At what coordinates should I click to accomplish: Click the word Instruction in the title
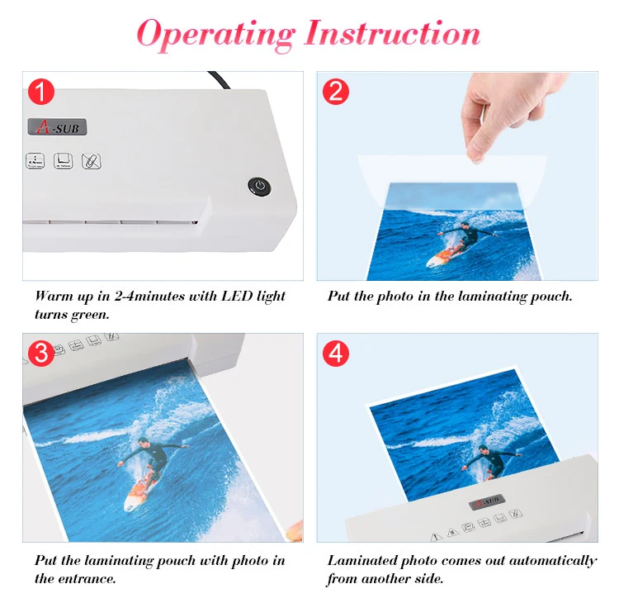point(392,33)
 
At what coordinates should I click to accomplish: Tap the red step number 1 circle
point(41,92)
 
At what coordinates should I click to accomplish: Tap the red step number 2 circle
point(336,92)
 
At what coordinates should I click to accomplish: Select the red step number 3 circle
point(41,353)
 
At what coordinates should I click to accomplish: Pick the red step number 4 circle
point(336,353)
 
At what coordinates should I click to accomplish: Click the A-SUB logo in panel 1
point(57,127)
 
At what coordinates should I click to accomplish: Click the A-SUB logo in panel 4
point(487,502)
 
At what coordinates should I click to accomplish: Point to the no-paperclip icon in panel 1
point(91,161)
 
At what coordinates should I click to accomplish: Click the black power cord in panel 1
point(220,80)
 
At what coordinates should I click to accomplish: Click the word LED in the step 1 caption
point(237,296)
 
